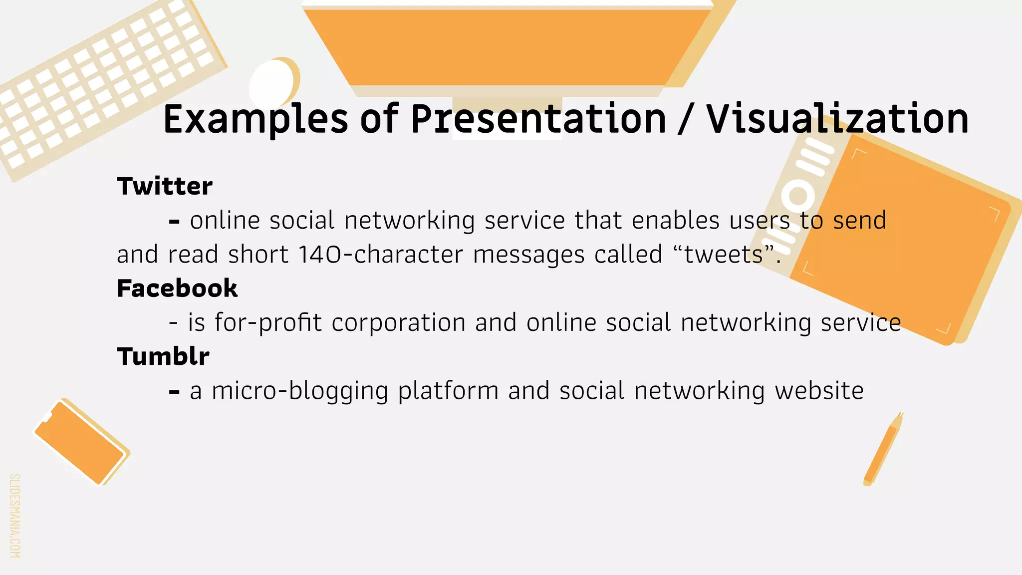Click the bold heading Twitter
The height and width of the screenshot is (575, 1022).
(165, 186)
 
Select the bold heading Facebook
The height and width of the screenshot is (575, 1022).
(177, 288)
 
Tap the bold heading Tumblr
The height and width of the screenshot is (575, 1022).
(163, 356)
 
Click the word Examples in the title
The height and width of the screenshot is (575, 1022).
(255, 120)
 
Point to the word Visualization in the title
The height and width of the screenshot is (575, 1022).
(837, 120)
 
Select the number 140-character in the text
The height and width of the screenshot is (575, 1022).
(381, 255)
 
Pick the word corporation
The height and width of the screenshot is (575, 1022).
(398, 322)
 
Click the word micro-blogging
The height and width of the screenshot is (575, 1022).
(300, 391)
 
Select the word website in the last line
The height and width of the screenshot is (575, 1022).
(819, 391)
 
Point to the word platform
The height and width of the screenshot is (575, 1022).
(448, 391)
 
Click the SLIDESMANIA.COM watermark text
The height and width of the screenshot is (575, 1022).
(14, 515)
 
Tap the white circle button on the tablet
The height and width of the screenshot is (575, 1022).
(797, 196)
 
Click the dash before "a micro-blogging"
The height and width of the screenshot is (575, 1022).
(174, 392)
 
